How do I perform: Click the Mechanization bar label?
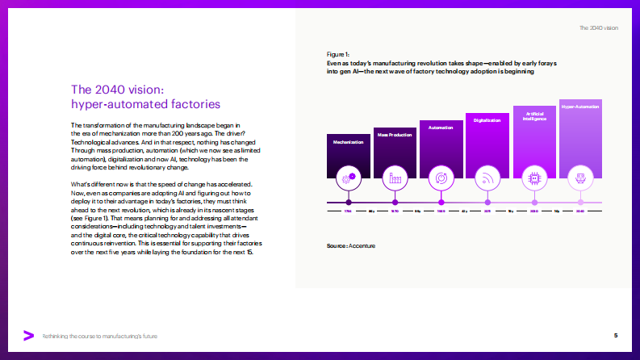pyautogui.click(x=348, y=141)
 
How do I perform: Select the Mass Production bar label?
pyautogui.click(x=395, y=135)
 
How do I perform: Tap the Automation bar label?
pyautogui.click(x=441, y=128)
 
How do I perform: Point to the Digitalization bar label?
pyautogui.click(x=487, y=120)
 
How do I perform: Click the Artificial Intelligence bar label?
pyautogui.click(x=533, y=115)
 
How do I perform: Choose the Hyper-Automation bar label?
pyautogui.click(x=579, y=106)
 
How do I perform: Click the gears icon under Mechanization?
pyautogui.click(x=348, y=176)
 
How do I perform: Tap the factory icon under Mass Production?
pyautogui.click(x=395, y=176)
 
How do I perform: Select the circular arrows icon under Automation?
pyautogui.click(x=441, y=176)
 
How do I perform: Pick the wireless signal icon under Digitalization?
pyautogui.click(x=487, y=176)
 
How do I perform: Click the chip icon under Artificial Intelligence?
pyautogui.click(x=533, y=176)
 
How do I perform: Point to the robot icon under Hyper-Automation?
pyautogui.click(x=579, y=176)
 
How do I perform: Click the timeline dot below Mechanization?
pyautogui.click(x=348, y=202)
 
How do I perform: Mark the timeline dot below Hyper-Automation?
pyautogui.click(x=579, y=202)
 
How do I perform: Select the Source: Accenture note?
pyautogui.click(x=351, y=245)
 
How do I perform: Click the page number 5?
pyautogui.click(x=616, y=335)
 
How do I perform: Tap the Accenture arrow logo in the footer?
pyautogui.click(x=28, y=335)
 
